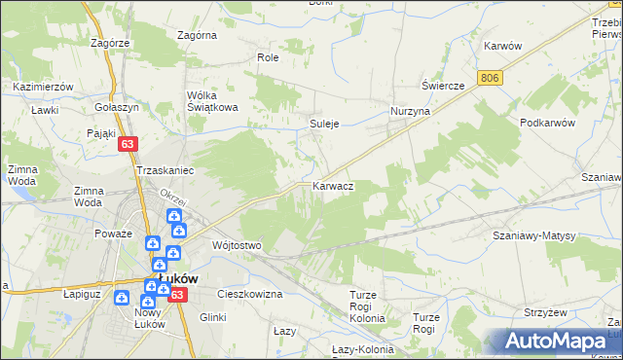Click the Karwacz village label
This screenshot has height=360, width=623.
333,185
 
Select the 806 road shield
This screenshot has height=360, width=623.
490,77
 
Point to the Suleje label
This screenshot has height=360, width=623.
324,125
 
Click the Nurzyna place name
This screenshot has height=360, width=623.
410,112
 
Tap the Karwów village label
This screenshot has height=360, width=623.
503,46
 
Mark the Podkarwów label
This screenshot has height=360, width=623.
549,123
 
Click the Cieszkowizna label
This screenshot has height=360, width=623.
250,293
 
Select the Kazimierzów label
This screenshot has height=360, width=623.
44,87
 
